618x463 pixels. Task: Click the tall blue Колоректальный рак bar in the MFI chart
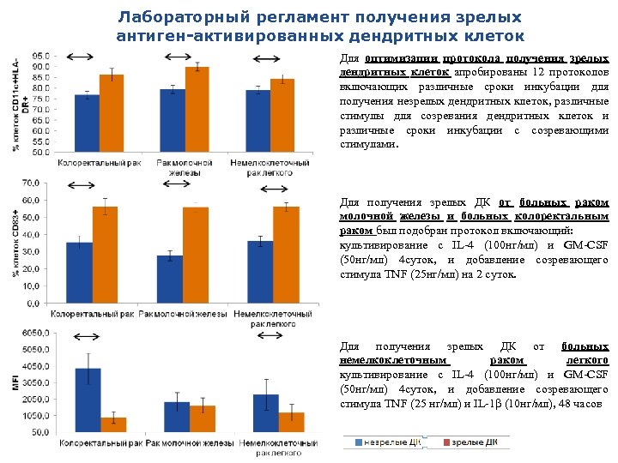88,400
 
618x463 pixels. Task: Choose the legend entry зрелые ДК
470,442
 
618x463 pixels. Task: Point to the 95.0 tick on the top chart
40,55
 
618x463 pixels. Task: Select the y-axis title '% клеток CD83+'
15,244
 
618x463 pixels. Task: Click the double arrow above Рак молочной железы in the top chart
182,56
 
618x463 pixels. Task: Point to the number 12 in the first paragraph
538,72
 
